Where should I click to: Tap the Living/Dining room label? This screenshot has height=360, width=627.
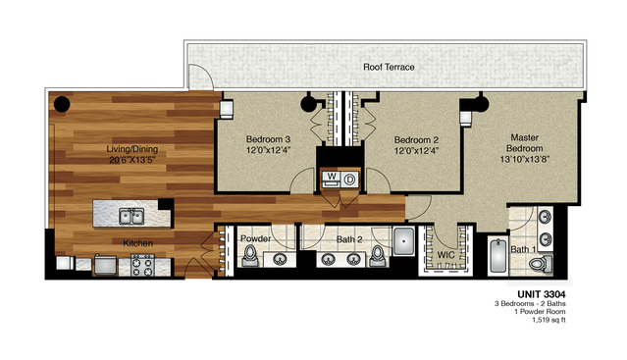tap(132, 149)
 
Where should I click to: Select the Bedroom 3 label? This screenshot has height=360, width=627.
tap(268, 138)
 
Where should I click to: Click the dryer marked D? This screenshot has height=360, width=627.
tap(348, 179)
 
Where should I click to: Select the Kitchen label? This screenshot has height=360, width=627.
tap(135, 241)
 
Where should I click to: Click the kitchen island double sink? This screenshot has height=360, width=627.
tap(131, 213)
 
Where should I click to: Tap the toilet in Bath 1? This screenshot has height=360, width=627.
tap(545, 262)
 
